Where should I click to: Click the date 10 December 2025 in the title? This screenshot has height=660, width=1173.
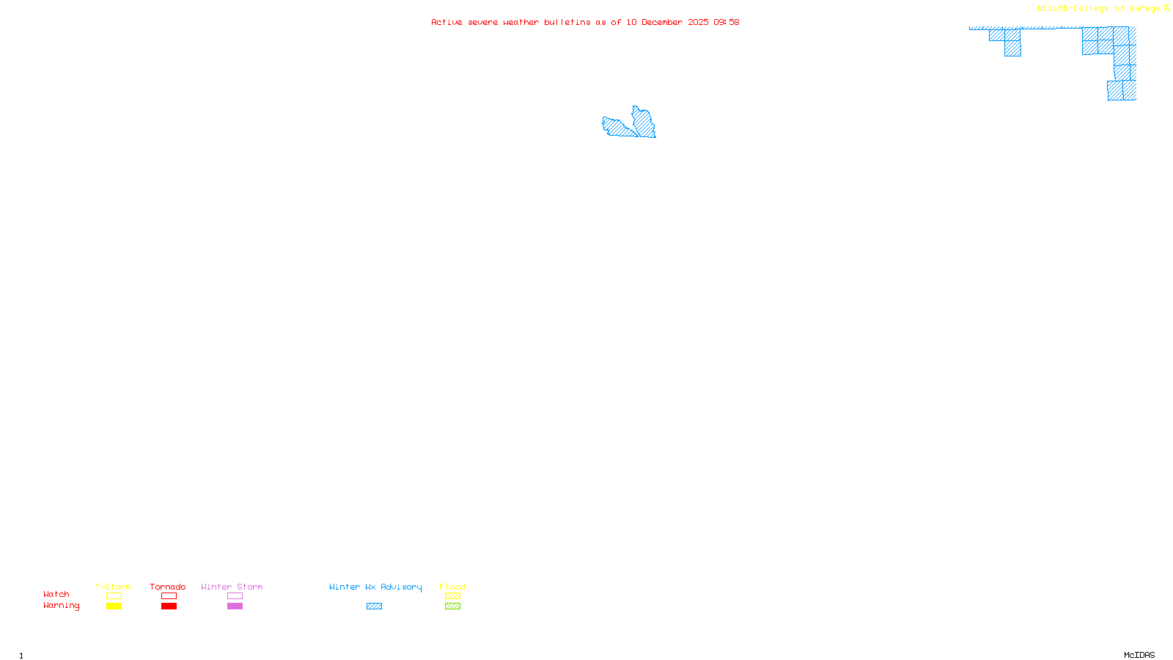pyautogui.click(x=667, y=22)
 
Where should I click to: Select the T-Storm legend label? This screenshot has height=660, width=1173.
pyautogui.click(x=113, y=587)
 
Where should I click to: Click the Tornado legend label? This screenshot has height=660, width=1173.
pyautogui.click(x=168, y=587)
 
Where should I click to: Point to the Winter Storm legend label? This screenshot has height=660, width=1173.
pyautogui.click(x=232, y=587)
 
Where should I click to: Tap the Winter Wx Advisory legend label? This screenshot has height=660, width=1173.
pyautogui.click(x=375, y=587)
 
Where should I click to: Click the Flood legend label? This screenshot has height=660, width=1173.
pyautogui.click(x=452, y=587)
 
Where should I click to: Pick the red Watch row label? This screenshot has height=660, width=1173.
pyautogui.click(x=56, y=594)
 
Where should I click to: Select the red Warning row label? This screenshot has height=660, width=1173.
pyautogui.click(x=61, y=606)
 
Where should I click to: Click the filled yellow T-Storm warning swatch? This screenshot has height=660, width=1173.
pyautogui.click(x=114, y=606)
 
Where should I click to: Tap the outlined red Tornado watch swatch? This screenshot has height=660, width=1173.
pyautogui.click(x=169, y=596)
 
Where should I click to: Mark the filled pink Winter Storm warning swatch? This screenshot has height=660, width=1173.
pyautogui.click(x=235, y=606)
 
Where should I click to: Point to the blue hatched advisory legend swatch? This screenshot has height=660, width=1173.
pyautogui.click(x=374, y=606)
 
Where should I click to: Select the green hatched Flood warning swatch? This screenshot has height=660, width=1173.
pyautogui.click(x=452, y=606)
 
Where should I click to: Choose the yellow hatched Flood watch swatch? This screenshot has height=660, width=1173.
pyautogui.click(x=452, y=596)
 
